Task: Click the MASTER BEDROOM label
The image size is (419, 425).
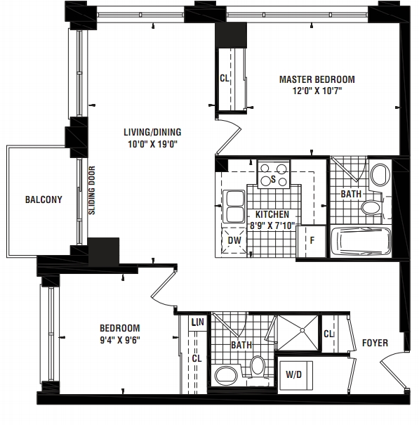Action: pos(317,79)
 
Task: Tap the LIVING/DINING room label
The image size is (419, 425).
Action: pos(152,132)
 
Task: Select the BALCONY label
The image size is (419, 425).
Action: pos(44,200)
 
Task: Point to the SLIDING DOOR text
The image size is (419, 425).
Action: pos(92,190)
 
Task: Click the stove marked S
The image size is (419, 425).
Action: pos(274,174)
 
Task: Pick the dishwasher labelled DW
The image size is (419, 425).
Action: pos(234,240)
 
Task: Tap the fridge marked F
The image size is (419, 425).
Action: pos(312,241)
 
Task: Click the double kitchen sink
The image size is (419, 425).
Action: pos(234,207)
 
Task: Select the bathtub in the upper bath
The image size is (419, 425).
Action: pos(361,241)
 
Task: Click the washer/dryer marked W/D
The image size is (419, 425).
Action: pos(295,375)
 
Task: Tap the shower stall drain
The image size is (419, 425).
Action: pos(302,330)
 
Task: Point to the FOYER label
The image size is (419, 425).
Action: pos(375,343)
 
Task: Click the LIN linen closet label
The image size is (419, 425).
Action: pos(197,322)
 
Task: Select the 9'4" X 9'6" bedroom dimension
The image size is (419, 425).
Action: pos(120,340)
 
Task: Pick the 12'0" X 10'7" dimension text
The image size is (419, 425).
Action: pos(317,91)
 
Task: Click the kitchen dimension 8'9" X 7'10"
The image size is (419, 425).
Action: pos(272,225)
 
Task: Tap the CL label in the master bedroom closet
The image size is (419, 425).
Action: pos(225,79)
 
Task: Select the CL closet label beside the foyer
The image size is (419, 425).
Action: pos(328,334)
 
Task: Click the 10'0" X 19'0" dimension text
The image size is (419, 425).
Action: pos(152,144)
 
